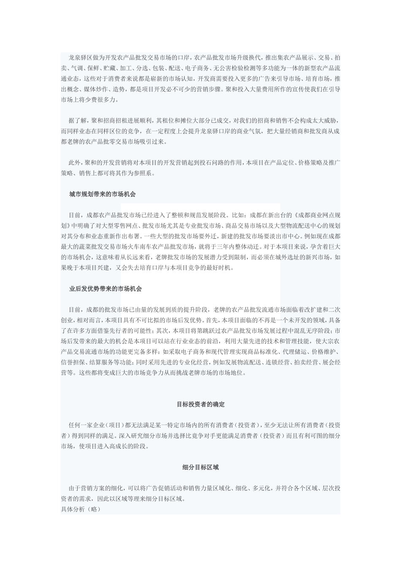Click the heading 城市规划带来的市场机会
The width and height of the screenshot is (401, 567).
tap(103, 194)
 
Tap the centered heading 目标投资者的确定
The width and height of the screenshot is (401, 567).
tap(200, 405)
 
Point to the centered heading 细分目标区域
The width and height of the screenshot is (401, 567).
tap(200, 467)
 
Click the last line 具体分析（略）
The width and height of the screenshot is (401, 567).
tap(81, 509)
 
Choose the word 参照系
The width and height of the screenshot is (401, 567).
tap(146, 173)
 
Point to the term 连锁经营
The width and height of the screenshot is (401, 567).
tap(279, 362)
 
